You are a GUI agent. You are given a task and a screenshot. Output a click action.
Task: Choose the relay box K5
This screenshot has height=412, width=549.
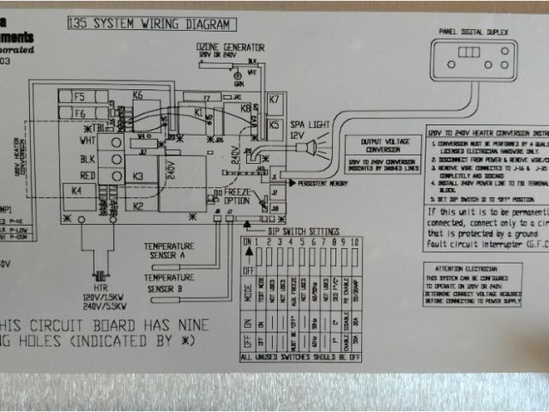(x=274, y=125)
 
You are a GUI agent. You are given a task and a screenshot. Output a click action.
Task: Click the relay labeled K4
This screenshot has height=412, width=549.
(x=77, y=190)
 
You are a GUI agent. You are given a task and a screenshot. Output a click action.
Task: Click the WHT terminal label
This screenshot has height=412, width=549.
(x=87, y=140)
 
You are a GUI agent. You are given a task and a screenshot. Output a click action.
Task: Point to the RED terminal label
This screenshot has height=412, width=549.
(x=87, y=174)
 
